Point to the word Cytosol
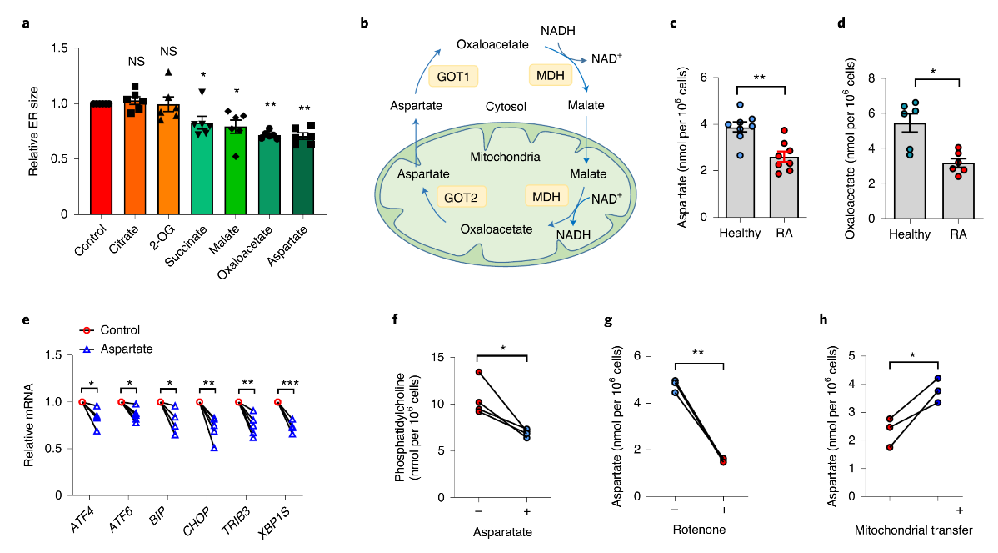[510, 107]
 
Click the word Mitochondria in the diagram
[505, 156]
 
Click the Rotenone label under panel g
[698, 530]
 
